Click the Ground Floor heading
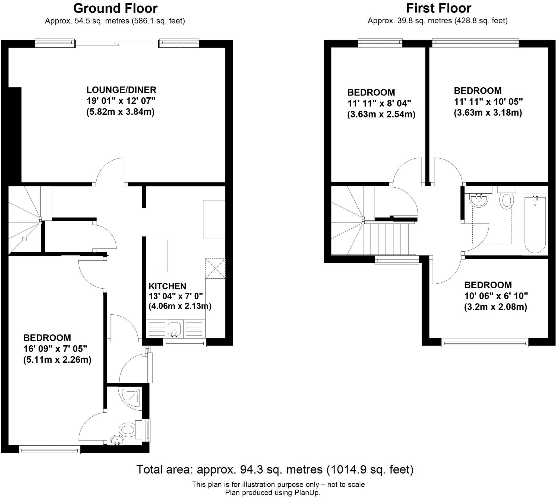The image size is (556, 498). (115, 8)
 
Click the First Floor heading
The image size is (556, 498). (438, 8)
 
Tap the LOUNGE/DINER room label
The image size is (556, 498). (121, 90)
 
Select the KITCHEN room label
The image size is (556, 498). (167, 286)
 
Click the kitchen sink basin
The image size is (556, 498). (174, 329)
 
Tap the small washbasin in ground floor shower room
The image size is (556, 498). (117, 441)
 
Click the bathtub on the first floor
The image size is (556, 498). (535, 224)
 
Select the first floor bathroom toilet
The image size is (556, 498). (506, 199)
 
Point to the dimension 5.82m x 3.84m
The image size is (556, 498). (121, 112)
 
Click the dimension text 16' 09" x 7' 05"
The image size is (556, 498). (55, 349)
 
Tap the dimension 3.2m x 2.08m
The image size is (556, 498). (495, 307)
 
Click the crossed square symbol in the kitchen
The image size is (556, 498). (215, 269)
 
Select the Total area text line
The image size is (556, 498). (275, 470)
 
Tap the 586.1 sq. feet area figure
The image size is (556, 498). (158, 21)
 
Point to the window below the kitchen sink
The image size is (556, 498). (184, 343)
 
